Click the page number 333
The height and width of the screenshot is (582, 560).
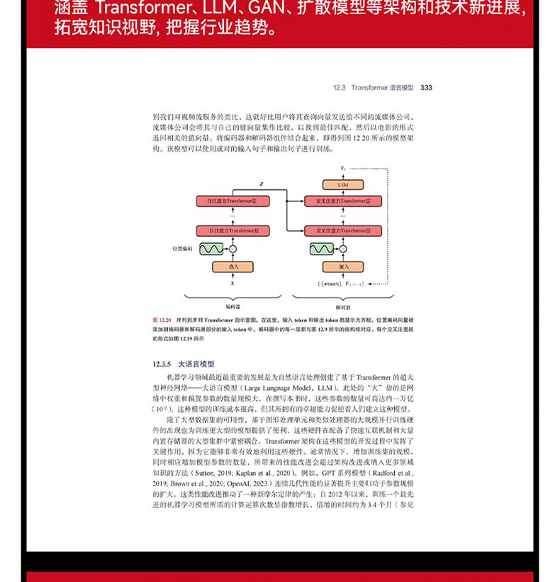pyautogui.click(x=426, y=88)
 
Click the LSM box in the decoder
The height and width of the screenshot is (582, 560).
pyautogui.click(x=343, y=184)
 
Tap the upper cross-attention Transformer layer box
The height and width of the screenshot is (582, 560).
pyautogui.click(x=343, y=201)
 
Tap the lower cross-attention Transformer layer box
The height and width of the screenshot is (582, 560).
pyautogui.click(x=343, y=230)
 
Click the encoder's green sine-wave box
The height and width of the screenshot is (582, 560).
pyautogui.click(x=211, y=249)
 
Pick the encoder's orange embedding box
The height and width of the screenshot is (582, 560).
pyautogui.click(x=232, y=267)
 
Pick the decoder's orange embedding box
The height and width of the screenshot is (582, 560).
pyautogui.click(x=343, y=267)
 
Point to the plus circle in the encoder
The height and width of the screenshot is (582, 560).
pyautogui.click(x=232, y=249)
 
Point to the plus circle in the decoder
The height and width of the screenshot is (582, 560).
pyautogui.click(x=343, y=249)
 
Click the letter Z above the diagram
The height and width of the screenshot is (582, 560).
pyautogui.click(x=261, y=184)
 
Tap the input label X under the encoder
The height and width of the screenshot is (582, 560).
pyautogui.click(x=232, y=283)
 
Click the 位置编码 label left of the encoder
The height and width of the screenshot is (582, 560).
pyautogui.click(x=181, y=249)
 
